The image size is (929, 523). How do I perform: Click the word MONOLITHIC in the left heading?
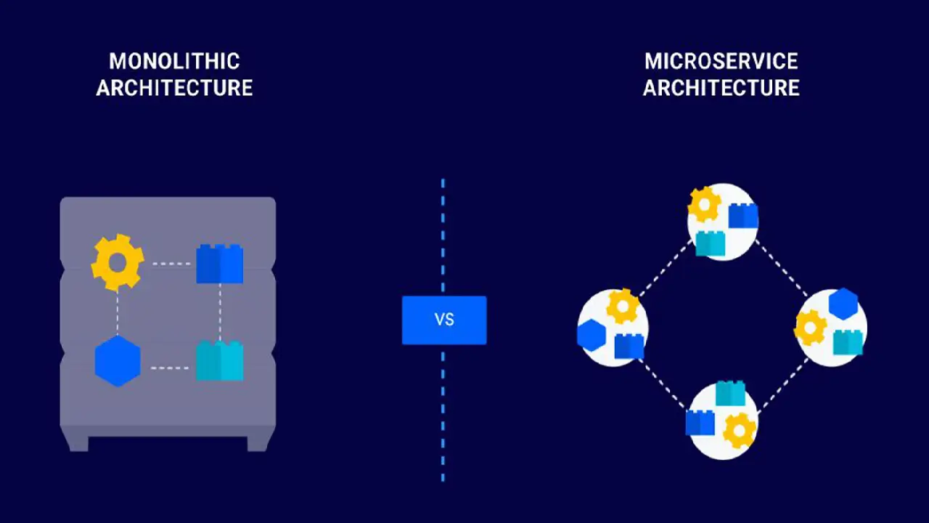174,61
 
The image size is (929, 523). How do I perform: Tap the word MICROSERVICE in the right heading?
721,61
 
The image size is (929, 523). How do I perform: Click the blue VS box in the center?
444,320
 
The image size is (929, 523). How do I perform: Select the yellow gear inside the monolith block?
118,262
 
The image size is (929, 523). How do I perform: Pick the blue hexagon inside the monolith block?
118,361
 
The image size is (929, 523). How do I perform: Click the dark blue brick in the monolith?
219,264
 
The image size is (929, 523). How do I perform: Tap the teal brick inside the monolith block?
219,362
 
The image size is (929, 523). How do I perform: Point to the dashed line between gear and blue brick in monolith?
170,263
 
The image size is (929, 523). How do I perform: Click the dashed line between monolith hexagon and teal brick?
170,368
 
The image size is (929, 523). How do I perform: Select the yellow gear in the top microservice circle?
704,205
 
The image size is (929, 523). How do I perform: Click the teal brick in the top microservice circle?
710,243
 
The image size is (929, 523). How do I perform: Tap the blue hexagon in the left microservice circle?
592,335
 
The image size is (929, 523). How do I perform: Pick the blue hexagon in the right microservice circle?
843,304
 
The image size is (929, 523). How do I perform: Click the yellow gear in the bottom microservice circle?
740,431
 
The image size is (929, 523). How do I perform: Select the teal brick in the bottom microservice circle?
730,393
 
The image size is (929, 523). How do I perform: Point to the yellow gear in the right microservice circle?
811,328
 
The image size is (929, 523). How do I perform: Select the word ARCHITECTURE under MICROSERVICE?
721,88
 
